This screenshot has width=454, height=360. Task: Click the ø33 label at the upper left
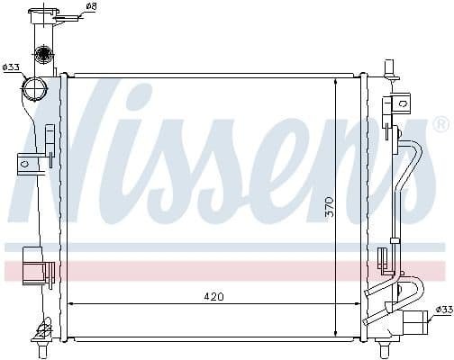pyautogui.click(x=11, y=67)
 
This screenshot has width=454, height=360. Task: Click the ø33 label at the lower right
pyautogui.click(x=443, y=310)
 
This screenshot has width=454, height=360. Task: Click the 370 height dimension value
pyautogui.click(x=330, y=206)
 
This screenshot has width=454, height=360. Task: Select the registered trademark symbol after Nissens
pyautogui.click(x=440, y=123)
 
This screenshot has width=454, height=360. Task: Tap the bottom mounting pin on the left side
pyautogui.click(x=42, y=337)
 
